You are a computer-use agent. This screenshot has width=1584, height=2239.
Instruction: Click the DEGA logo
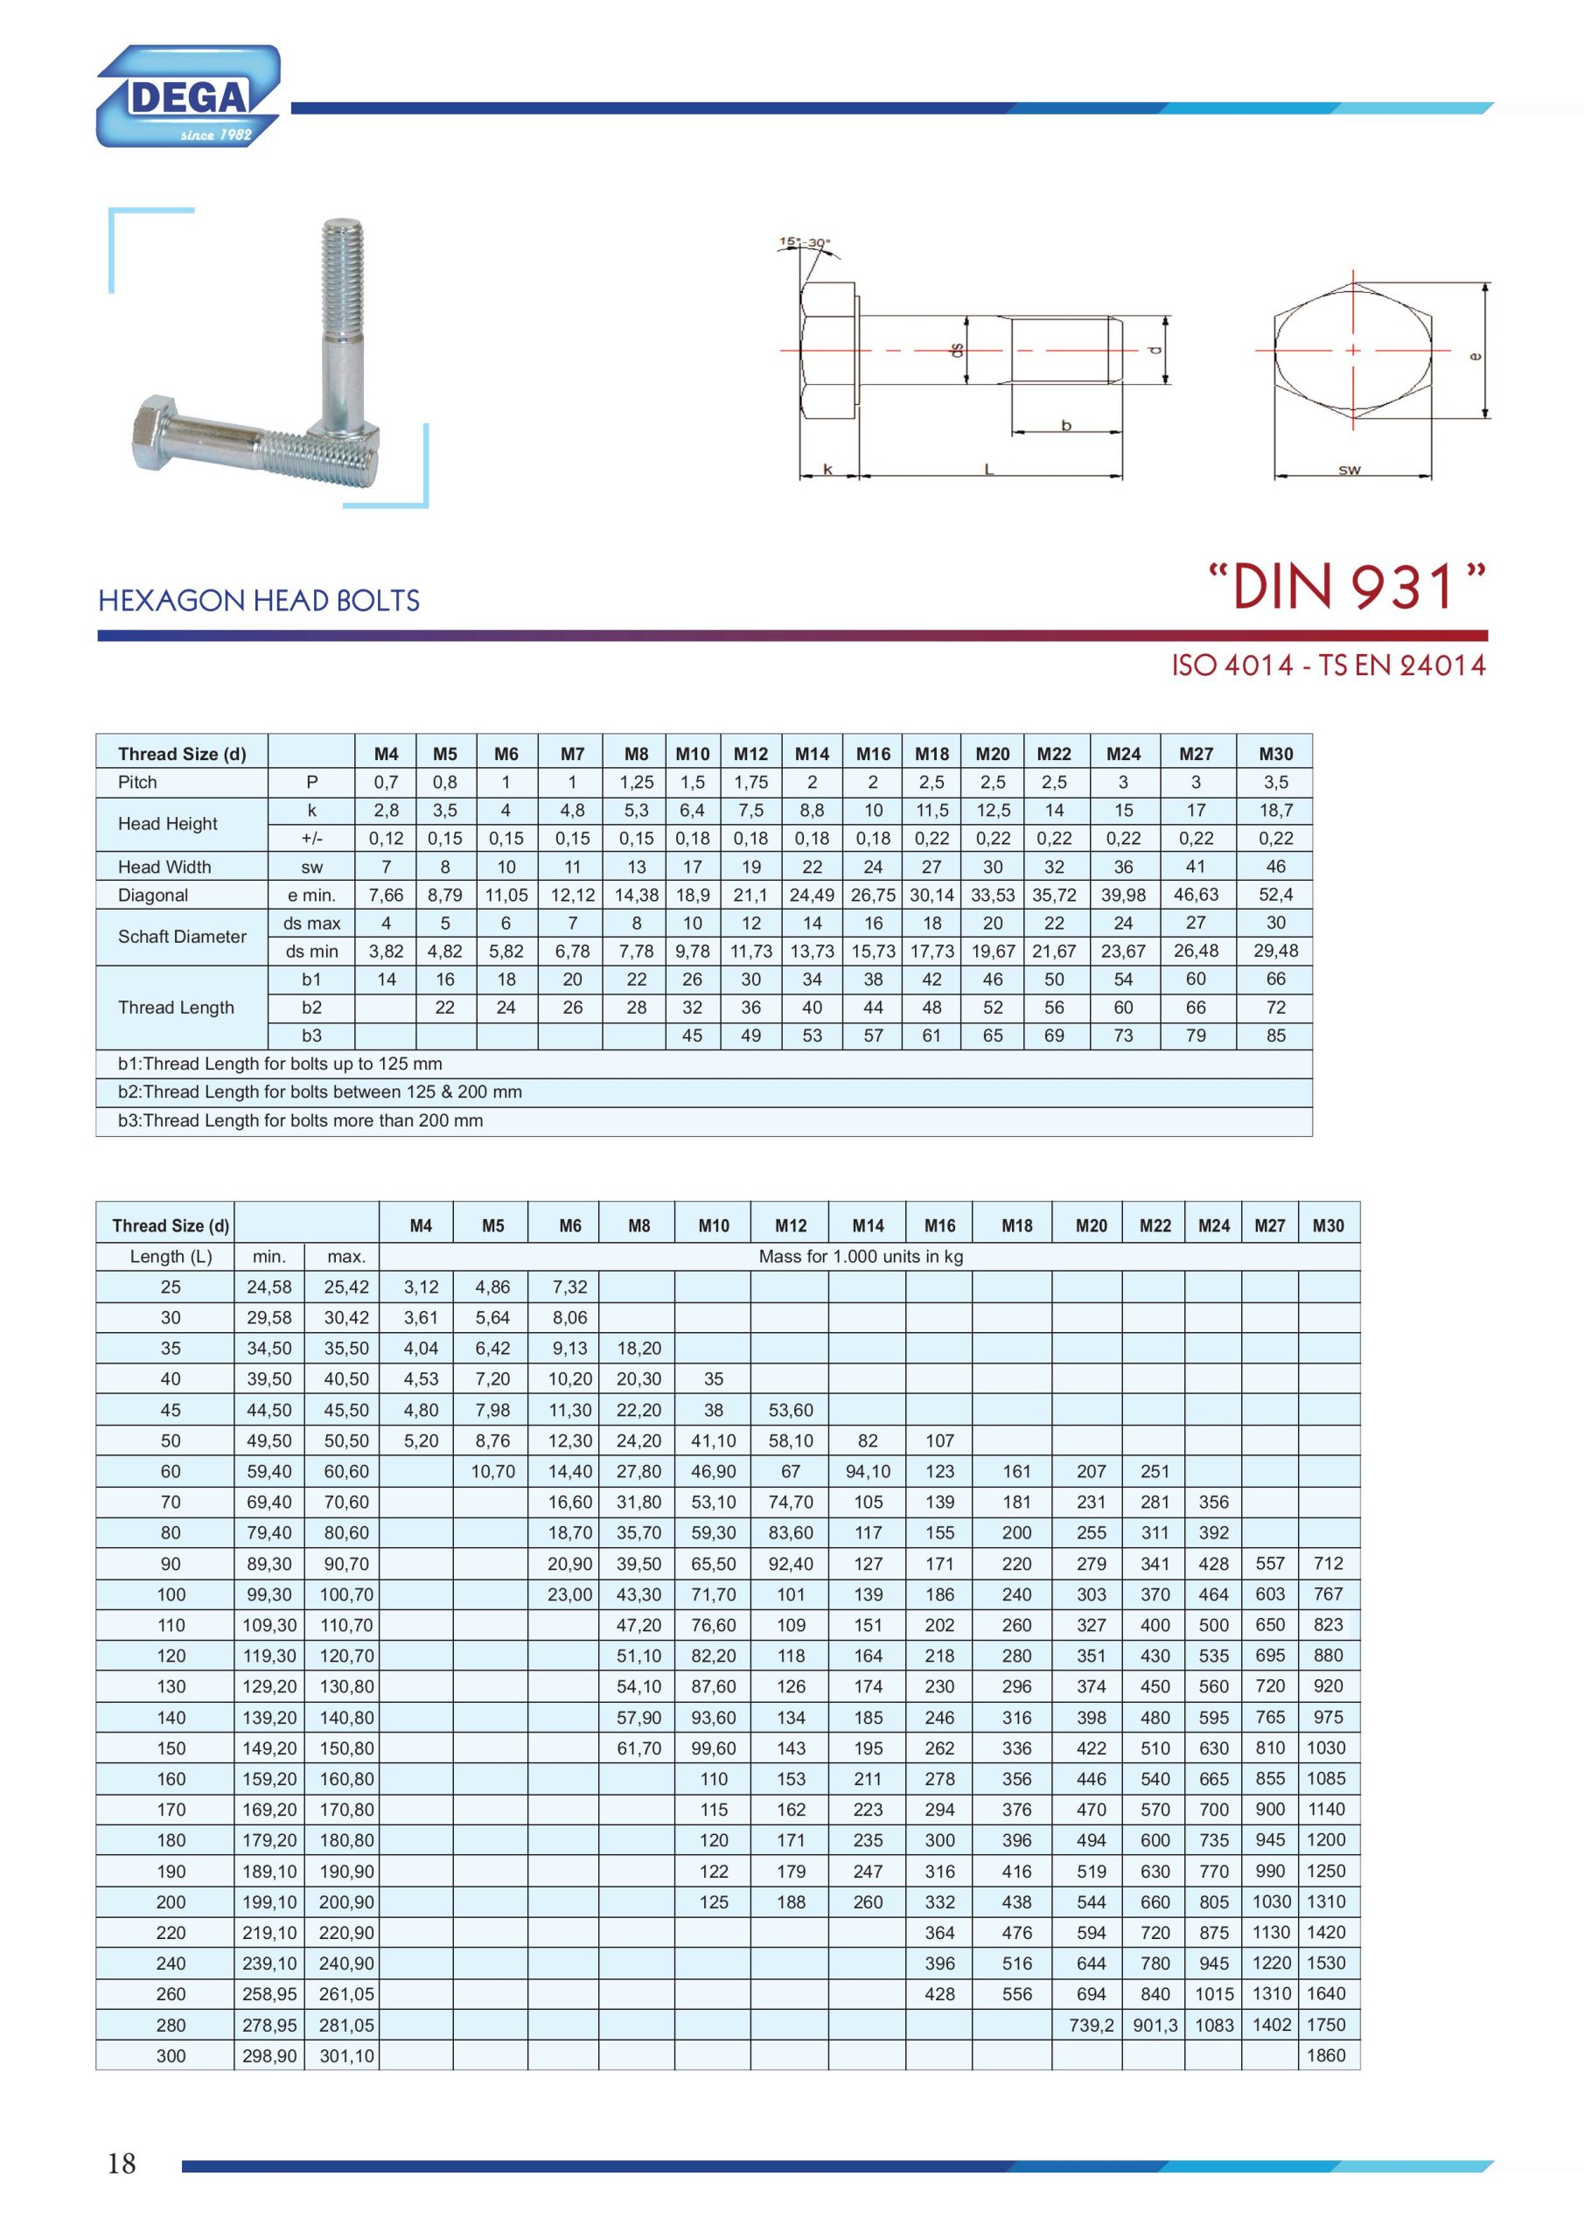pos(188,96)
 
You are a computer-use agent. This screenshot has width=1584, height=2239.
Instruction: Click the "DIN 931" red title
pos(1347,588)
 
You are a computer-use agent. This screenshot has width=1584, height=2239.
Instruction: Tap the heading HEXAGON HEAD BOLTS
pos(259,601)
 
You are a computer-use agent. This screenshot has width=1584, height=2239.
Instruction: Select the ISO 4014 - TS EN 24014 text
pos(1329,666)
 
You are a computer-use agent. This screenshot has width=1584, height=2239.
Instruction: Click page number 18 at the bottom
pos(121,2163)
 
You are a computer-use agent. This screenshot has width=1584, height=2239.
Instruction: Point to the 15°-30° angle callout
pos(805,243)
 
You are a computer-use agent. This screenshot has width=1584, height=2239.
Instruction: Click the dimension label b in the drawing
pos(1066,425)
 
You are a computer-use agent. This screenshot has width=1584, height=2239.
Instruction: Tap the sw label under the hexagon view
pos(1349,470)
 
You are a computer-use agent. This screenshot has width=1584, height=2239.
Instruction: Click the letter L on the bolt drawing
pos(988,470)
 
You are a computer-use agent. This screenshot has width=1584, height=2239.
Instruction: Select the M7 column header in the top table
pos(573,754)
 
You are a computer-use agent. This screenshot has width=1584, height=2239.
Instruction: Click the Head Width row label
pos(164,867)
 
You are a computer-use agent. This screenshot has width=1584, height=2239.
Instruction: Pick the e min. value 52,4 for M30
pos(1274,894)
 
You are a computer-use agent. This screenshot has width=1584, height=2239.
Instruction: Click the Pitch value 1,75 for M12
pos(750,782)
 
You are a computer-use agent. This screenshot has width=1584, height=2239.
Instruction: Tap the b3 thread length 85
pos(1274,1036)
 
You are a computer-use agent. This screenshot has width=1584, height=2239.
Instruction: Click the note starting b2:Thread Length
pos(319,1092)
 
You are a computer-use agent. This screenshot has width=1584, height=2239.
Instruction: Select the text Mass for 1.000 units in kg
pos(861,1256)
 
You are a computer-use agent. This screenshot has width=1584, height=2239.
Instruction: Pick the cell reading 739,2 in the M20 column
pos(1091,2025)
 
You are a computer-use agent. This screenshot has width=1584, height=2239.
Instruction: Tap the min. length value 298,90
pos(269,2055)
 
